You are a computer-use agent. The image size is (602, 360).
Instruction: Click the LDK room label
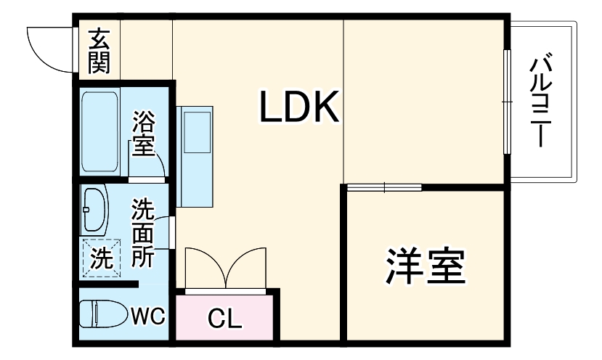[x=299, y=106]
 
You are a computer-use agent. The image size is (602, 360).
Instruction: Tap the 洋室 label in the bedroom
[x=426, y=266]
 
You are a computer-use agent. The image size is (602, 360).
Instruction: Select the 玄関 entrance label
[x=99, y=51]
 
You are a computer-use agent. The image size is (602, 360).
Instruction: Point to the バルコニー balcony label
[x=540, y=102]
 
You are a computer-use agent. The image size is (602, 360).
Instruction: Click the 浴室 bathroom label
[x=143, y=133]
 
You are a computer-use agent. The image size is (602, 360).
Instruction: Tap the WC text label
[x=148, y=316]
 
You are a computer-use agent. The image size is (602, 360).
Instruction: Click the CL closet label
[x=224, y=318]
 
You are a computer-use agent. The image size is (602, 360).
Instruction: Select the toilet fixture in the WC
[x=104, y=314]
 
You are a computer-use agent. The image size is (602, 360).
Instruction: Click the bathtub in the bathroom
[x=99, y=131]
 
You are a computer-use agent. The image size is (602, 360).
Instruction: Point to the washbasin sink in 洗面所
[x=94, y=210]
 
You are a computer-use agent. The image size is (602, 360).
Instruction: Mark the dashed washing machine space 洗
[x=102, y=258]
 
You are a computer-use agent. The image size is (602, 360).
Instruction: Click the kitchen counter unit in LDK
[x=195, y=157]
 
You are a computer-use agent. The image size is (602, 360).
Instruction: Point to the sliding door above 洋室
[x=384, y=188]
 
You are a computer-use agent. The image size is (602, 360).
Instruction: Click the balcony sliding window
[x=508, y=102]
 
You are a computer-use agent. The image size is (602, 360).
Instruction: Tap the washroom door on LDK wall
[x=172, y=233]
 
